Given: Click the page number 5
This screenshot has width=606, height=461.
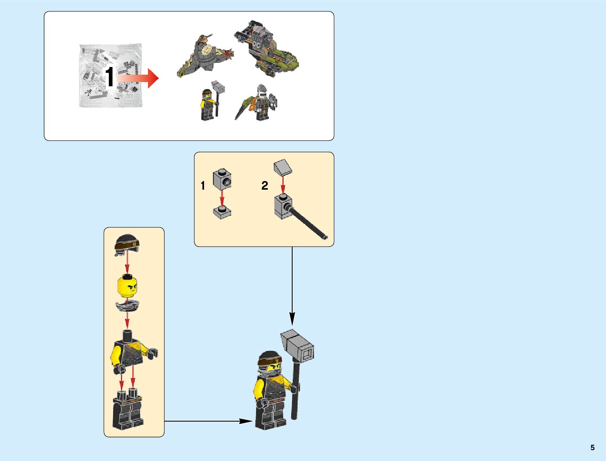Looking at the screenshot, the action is [592, 447].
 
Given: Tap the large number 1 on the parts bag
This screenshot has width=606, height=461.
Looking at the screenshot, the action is [110, 77].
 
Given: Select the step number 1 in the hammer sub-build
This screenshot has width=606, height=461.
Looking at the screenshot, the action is [203, 186].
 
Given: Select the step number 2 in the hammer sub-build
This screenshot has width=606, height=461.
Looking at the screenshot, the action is [265, 186].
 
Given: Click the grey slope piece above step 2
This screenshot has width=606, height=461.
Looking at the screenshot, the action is [283, 167].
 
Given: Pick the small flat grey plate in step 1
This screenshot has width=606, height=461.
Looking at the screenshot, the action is [222, 212].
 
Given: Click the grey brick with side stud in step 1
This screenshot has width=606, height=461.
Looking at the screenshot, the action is [222, 180].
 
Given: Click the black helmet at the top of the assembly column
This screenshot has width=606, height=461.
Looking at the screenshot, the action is [127, 244].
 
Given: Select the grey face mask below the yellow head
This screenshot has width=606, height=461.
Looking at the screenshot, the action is [127, 306].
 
